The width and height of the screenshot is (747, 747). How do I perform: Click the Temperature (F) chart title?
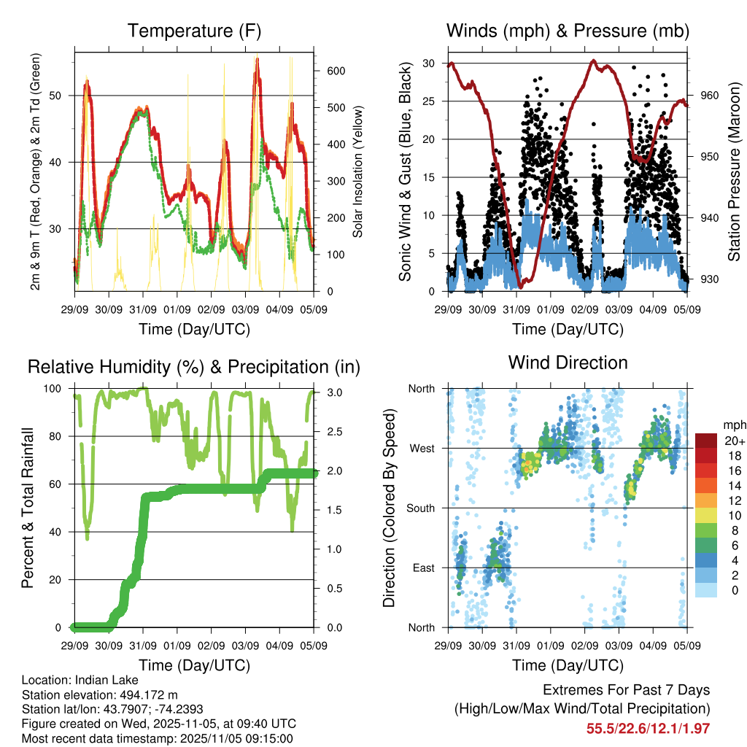(194, 31)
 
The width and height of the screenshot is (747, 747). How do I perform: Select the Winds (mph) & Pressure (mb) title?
(568, 31)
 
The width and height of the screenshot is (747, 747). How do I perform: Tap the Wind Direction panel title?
(568, 362)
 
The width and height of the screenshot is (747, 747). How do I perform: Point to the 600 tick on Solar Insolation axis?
(336, 71)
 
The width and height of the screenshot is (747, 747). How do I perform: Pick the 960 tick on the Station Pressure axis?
(709, 95)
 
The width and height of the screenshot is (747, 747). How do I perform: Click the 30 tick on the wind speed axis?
(437, 63)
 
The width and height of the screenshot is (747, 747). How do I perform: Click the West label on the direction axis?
(422, 449)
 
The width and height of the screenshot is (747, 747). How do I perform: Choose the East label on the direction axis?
(422, 568)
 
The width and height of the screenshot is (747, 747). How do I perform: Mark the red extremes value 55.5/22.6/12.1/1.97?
(648, 728)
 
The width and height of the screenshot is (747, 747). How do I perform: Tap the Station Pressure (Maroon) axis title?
(734, 171)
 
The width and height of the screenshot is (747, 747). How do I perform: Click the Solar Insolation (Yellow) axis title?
(357, 171)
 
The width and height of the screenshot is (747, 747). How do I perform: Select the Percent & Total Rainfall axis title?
(30, 508)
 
